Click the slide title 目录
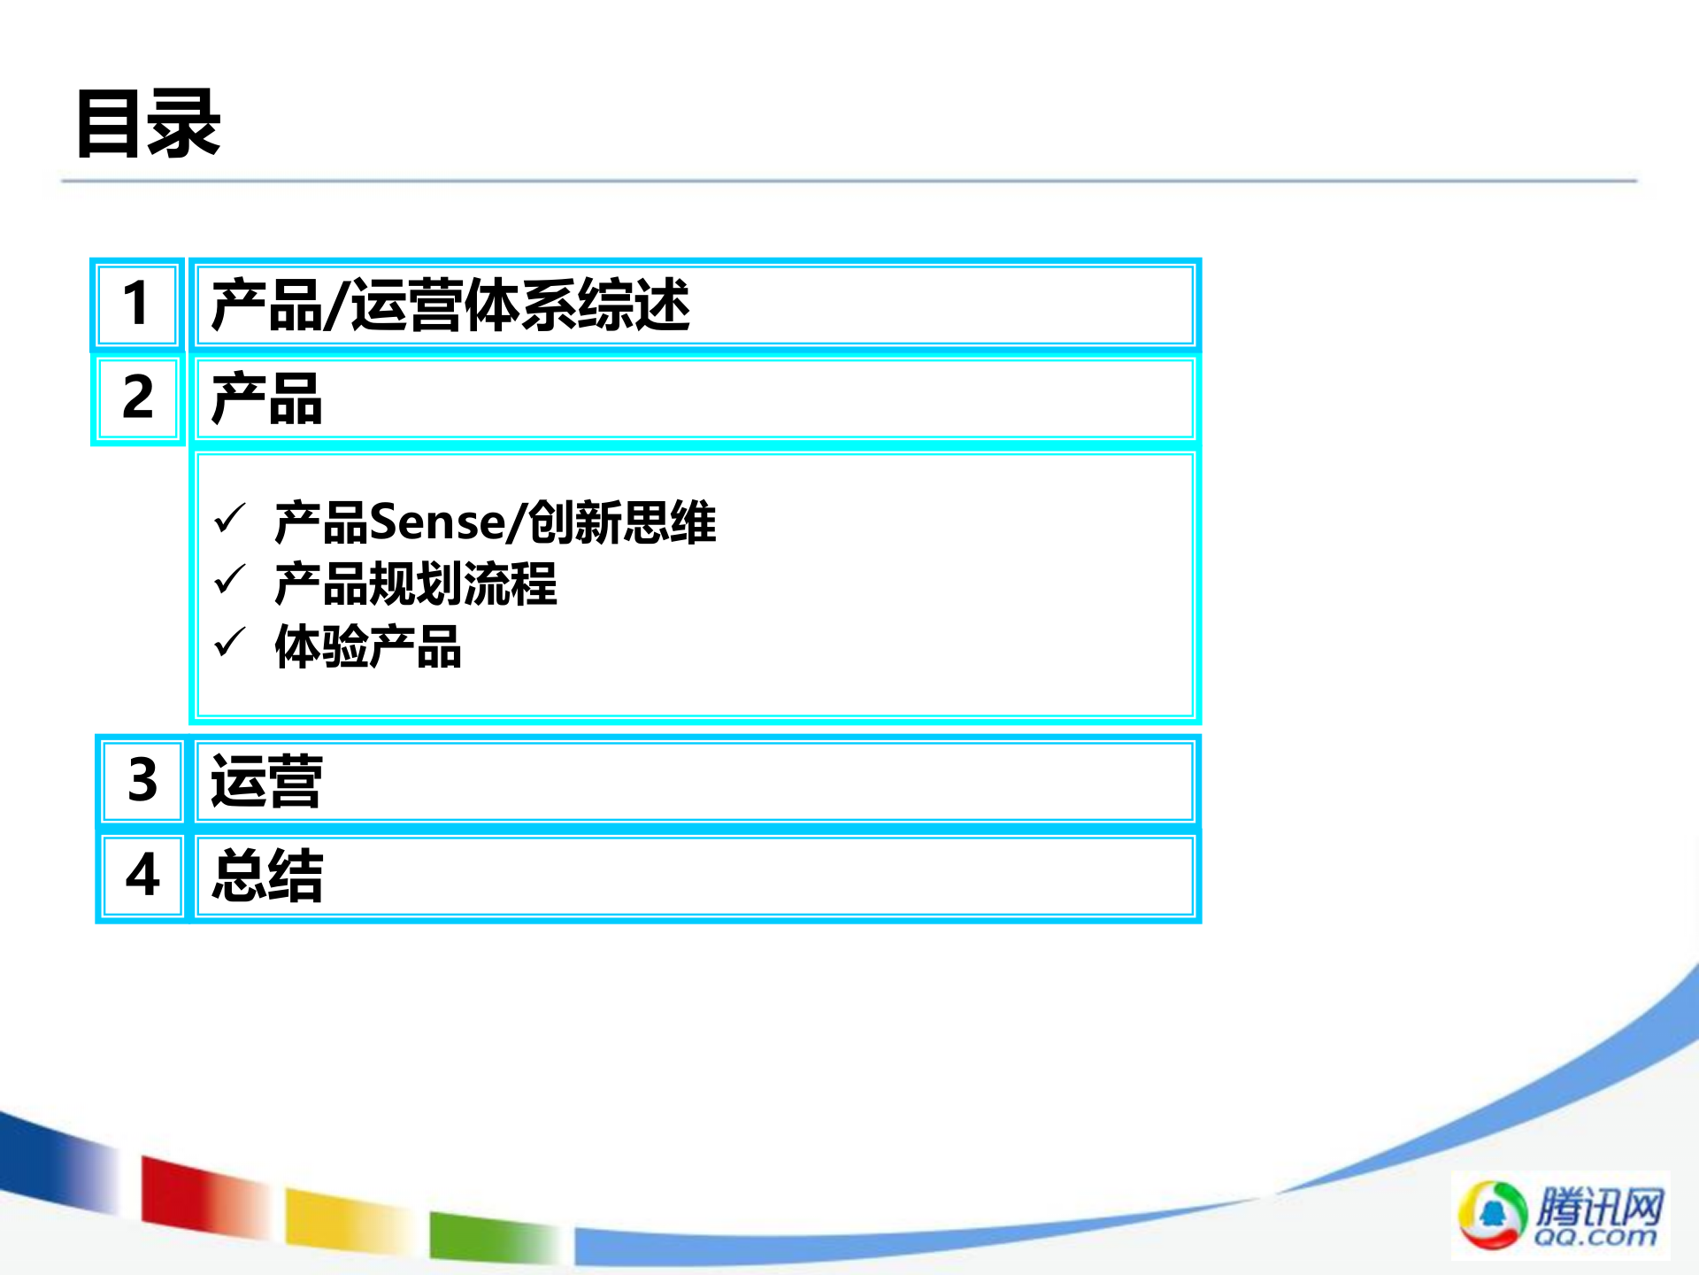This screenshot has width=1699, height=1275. point(148,124)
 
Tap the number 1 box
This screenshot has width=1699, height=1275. point(137,305)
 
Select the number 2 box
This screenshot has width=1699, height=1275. point(137,398)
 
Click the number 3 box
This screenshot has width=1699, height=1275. point(142,781)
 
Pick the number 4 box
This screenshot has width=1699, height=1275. point(142,876)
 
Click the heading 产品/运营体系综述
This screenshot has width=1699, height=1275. point(450,305)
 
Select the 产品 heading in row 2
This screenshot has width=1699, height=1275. point(266,399)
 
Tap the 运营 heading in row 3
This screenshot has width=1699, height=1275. point(266,782)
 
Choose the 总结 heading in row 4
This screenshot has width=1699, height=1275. point(266,877)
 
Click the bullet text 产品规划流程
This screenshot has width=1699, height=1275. point(416,584)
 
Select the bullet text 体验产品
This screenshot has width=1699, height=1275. point(368,647)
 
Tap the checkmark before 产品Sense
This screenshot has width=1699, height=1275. point(230,520)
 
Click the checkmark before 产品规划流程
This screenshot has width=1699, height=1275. point(230,581)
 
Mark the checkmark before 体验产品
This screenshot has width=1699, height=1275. point(230,643)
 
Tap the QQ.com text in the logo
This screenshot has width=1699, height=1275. point(1595,1236)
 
